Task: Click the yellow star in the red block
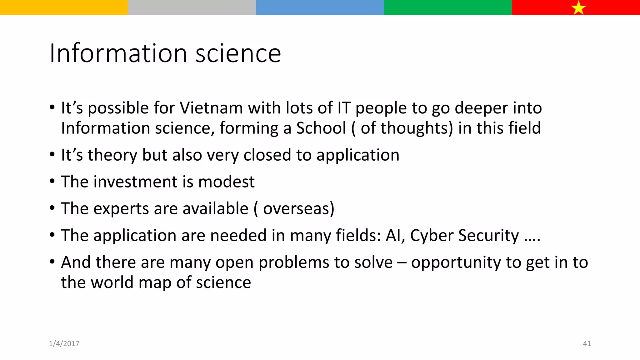578,7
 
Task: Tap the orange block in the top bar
64,7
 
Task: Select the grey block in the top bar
192,7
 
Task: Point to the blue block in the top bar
320,7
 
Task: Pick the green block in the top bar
447,7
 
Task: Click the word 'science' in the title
238,53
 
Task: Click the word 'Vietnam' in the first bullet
211,108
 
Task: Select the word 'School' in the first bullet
321,128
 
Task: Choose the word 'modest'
226,182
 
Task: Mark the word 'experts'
120,209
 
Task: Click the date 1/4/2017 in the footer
64,344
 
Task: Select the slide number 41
587,344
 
